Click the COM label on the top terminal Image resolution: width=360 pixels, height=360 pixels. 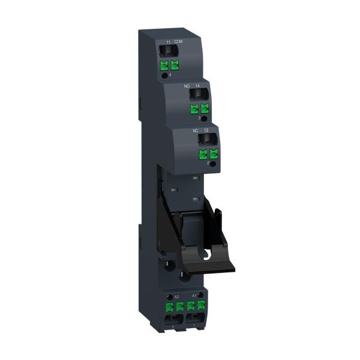(x=178, y=41)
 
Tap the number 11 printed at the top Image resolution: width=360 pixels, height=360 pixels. (x=168, y=41)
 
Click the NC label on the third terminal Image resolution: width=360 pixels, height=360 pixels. (x=195, y=130)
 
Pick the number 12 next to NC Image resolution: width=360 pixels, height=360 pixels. (x=206, y=130)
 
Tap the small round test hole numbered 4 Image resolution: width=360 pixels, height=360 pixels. (x=164, y=76)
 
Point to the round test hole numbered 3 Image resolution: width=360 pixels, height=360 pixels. (x=204, y=118)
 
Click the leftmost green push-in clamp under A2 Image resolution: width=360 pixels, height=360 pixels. (x=169, y=307)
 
